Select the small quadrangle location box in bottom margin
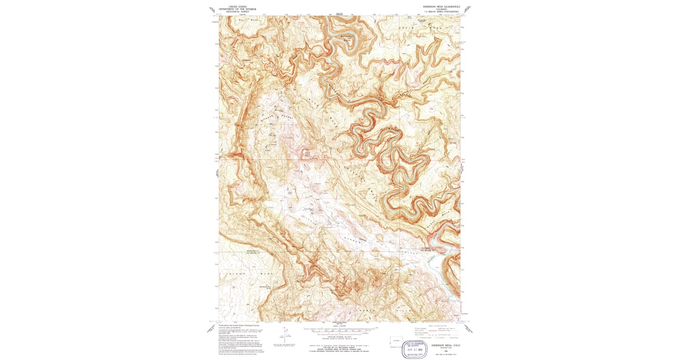[395, 341]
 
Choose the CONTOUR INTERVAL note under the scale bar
[341, 336]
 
